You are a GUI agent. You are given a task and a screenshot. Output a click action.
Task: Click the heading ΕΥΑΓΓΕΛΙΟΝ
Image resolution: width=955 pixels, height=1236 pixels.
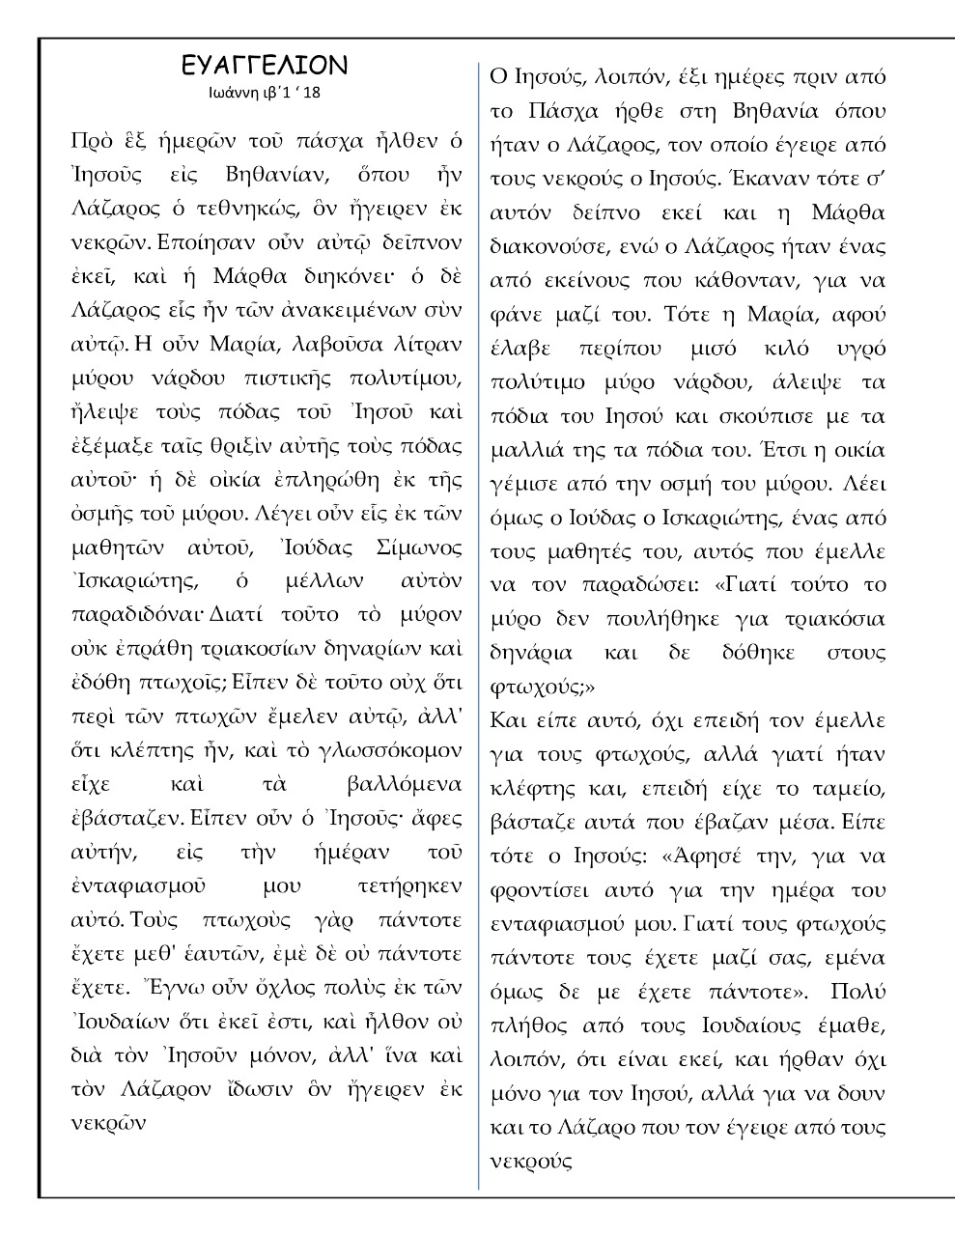point(264,66)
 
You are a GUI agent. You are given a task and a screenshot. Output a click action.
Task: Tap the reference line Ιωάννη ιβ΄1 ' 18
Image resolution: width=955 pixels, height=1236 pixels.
point(264,94)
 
